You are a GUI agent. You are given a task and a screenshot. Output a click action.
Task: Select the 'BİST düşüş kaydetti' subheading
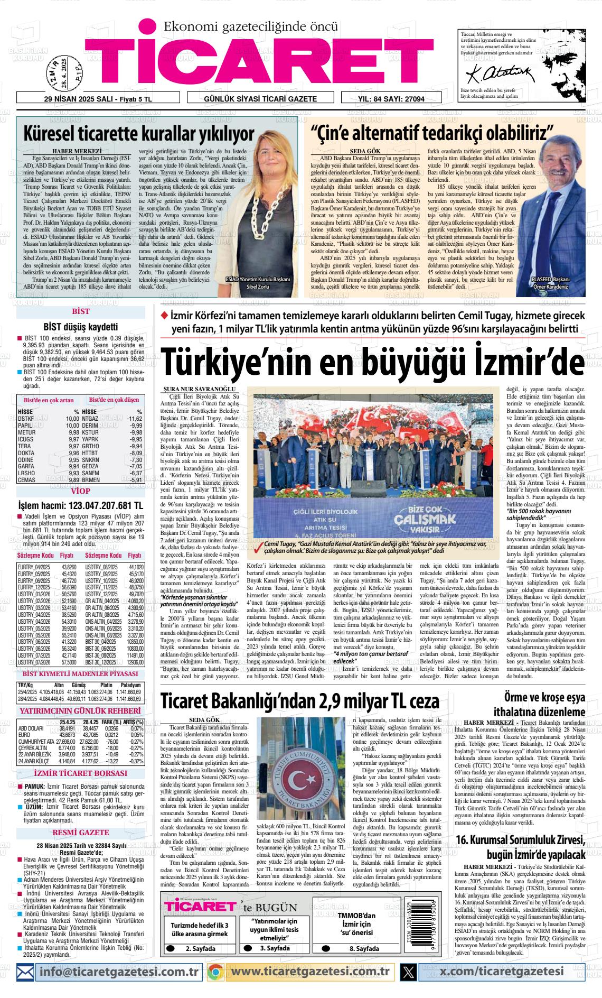pyautogui.click(x=80, y=327)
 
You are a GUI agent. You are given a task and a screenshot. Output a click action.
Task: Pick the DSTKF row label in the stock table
pyautogui.click(x=26, y=418)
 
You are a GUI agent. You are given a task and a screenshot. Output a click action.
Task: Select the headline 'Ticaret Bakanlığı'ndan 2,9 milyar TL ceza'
pyautogui.click(x=299, y=701)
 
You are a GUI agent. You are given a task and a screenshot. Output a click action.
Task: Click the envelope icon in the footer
pyautogui.click(x=26, y=971)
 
